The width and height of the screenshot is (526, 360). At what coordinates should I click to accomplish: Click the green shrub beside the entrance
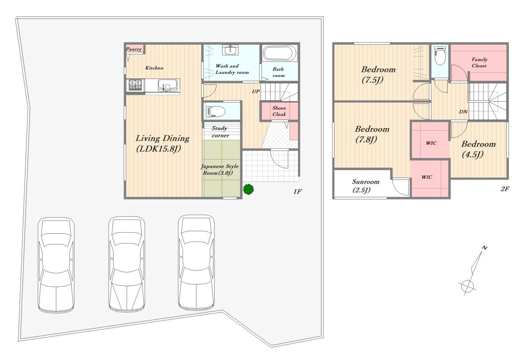click(248, 189)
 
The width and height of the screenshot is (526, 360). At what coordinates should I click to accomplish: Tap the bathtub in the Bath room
click(279, 53)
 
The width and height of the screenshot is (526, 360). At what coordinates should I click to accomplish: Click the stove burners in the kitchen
click(135, 85)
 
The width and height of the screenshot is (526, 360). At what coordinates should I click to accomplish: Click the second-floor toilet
click(440, 55)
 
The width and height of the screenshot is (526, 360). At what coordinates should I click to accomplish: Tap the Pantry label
click(134, 49)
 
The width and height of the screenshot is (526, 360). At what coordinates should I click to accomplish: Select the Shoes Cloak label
click(279, 111)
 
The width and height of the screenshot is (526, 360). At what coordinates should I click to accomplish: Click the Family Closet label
click(479, 63)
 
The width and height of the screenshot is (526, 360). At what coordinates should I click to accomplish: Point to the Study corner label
click(220, 132)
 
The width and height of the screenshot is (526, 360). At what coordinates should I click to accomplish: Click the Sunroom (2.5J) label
click(366, 186)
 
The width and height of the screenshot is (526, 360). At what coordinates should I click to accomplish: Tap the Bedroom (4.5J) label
click(478, 150)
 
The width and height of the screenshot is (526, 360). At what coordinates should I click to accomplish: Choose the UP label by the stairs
click(256, 91)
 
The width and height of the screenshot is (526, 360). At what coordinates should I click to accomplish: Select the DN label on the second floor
click(463, 112)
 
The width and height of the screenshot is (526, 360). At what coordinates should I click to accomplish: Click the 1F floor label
click(297, 192)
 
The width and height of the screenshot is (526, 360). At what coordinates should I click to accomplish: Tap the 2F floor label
click(505, 189)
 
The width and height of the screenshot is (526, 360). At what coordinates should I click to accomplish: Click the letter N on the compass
click(484, 248)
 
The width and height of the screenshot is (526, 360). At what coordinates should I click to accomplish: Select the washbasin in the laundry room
click(230, 50)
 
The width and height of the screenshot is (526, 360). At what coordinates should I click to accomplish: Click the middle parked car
click(127, 264)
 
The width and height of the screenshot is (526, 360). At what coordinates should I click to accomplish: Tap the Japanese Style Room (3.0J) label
click(220, 170)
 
